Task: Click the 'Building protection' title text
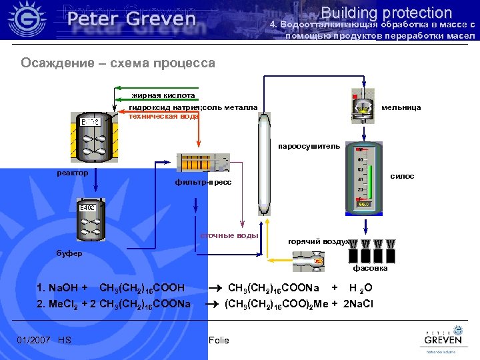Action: pyautogui.click(x=386, y=12)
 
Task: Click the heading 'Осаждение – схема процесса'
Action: pyautogui.click(x=118, y=63)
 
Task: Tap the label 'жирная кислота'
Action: pyautogui.click(x=163, y=95)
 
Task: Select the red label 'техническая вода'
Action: pyautogui.click(x=163, y=116)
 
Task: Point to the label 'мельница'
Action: pyautogui.click(x=401, y=107)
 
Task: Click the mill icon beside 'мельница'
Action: pyautogui.click(x=363, y=105)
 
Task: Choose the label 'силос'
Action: pyautogui.click(x=402, y=176)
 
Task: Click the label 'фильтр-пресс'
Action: pyautogui.click(x=203, y=182)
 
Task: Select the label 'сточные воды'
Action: pyautogui.click(x=229, y=235)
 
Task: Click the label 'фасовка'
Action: pyautogui.click(x=370, y=269)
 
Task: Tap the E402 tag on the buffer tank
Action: pyautogui.click(x=88, y=209)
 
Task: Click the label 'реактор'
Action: pyautogui.click(x=73, y=173)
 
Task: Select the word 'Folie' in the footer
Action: pyautogui.click(x=219, y=340)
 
